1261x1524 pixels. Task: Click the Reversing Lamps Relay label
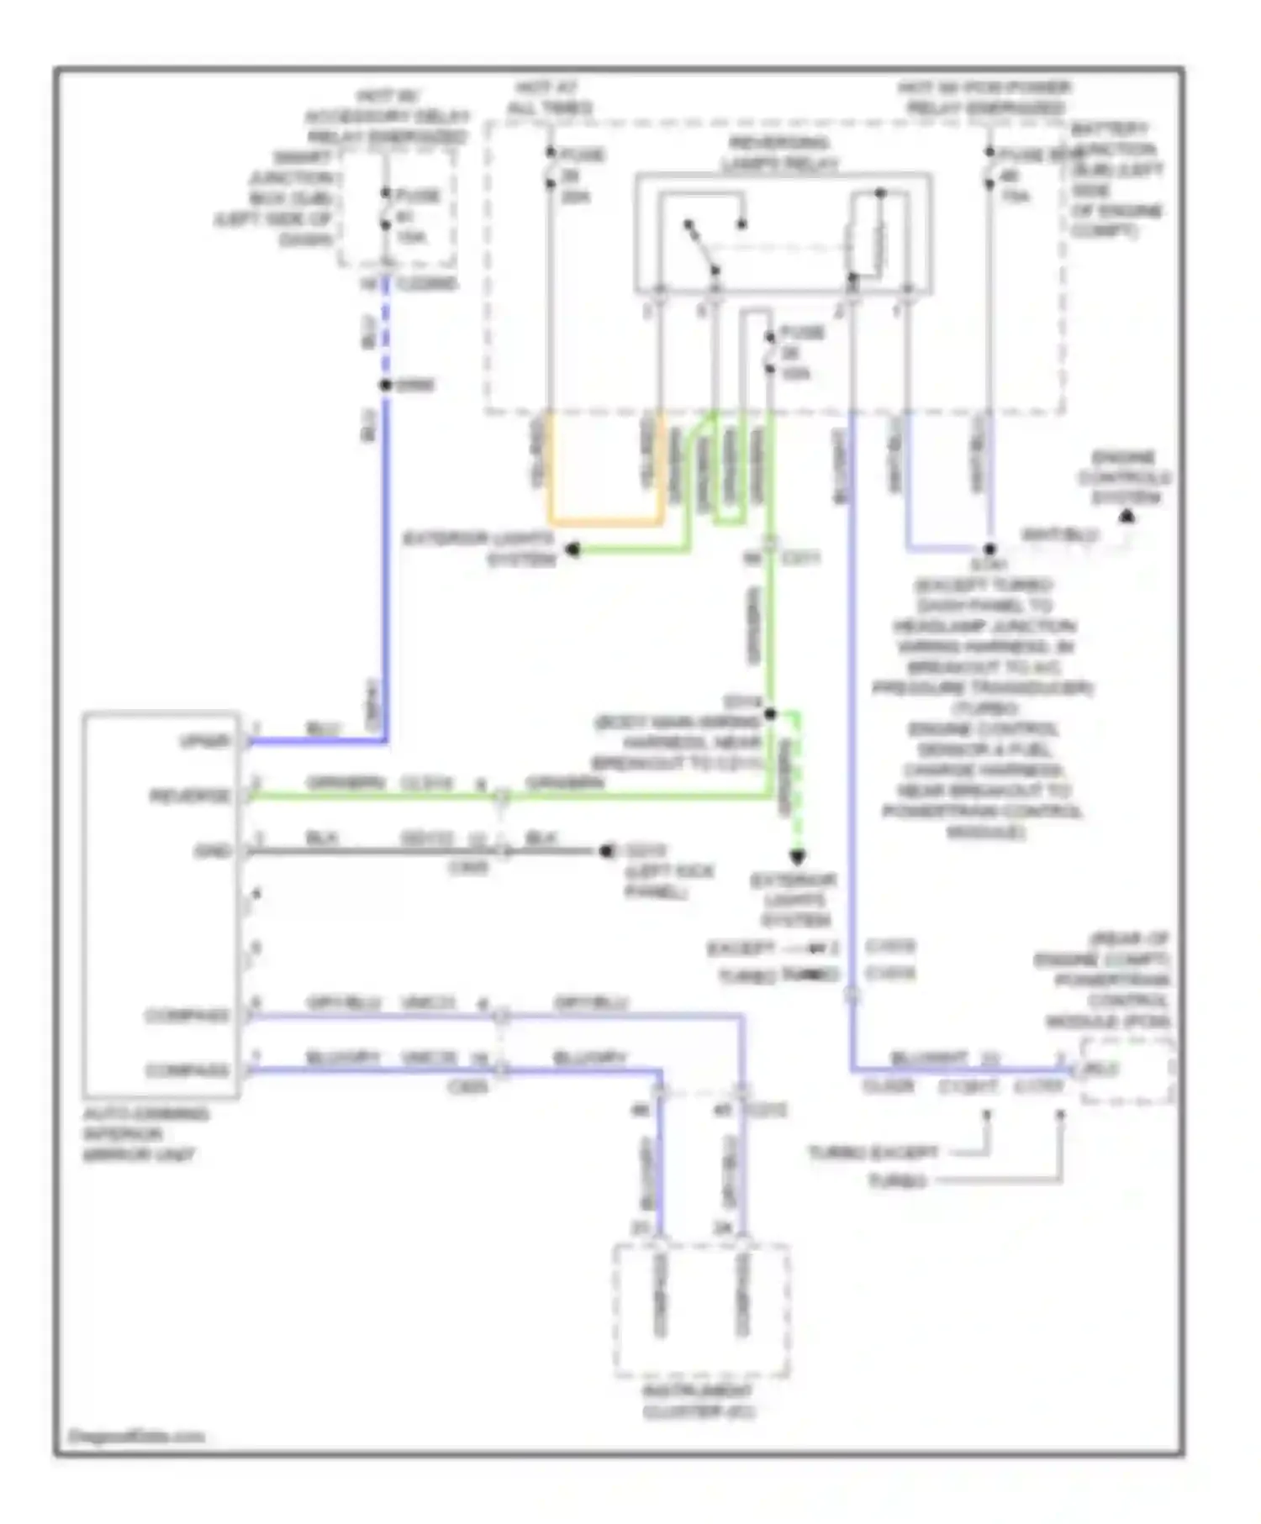(778, 154)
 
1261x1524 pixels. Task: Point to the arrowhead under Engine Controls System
(1127, 517)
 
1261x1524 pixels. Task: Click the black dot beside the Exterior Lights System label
(572, 549)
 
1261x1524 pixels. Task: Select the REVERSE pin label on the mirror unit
(190, 796)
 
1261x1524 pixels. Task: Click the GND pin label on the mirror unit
(211, 851)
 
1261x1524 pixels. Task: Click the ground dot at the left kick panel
(606, 851)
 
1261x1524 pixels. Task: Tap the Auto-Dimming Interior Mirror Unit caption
(143, 1134)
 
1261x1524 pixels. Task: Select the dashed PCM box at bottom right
(1126, 1070)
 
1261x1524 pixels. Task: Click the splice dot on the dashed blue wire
(385, 385)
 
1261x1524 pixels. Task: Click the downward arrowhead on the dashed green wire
(797, 857)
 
